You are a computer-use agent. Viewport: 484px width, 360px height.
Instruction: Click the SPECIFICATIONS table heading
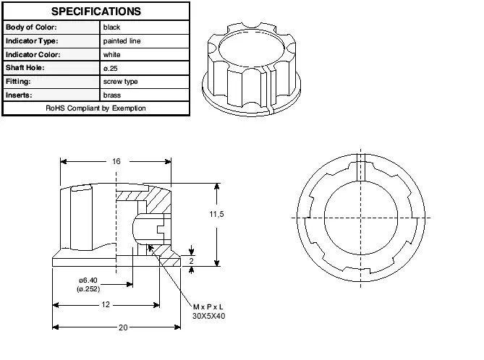coord(95,12)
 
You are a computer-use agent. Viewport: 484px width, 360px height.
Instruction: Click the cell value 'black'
coord(112,27)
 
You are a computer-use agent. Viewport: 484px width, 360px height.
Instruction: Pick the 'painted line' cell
coord(122,41)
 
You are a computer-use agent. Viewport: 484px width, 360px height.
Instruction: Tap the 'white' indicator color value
coord(112,54)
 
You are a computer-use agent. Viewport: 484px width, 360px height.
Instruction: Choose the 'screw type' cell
coord(121,82)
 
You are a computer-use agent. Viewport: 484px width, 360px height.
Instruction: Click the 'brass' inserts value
coord(112,95)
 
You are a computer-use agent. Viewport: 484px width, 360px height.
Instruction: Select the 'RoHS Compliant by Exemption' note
coord(95,108)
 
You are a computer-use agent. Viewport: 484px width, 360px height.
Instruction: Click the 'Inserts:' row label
coord(20,95)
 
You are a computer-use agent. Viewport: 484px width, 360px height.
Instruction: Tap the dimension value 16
coord(116,162)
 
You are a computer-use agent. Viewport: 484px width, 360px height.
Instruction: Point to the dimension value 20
coord(123,327)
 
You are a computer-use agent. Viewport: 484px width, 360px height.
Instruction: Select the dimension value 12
coord(106,305)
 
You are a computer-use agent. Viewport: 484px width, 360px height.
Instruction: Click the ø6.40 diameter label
coord(88,280)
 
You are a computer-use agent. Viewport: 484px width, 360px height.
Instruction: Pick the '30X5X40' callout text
coord(209,317)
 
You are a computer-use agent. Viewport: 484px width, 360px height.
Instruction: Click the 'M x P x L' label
coord(208,307)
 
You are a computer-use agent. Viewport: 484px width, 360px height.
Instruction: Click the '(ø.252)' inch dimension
coord(88,289)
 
